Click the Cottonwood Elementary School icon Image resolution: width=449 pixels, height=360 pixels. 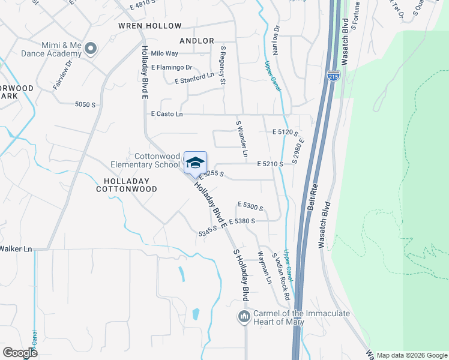195,162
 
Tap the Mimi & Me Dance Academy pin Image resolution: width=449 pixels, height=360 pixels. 91,48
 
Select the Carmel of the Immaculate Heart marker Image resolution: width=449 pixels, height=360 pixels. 244,316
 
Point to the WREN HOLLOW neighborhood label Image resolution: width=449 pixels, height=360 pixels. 149,26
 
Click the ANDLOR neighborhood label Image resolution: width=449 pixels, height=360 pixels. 196,41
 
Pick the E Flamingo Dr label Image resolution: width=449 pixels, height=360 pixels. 172,67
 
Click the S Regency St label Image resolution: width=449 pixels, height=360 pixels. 223,65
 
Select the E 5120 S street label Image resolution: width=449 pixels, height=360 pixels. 285,131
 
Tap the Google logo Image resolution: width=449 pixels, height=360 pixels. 20,353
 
